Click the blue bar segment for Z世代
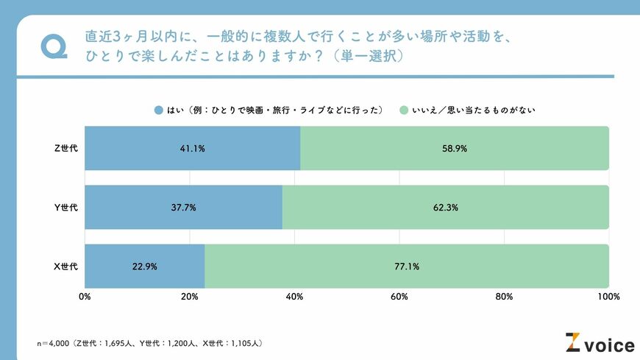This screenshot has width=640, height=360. coord(192,148)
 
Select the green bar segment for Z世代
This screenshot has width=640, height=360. coord(455,148)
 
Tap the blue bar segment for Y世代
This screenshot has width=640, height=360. coord(183,207)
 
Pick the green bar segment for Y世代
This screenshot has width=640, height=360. coord(446,207)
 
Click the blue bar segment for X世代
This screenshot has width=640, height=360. coord(144,266)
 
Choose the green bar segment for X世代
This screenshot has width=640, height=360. coord(407,266)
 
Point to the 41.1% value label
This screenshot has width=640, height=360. coord(193,149)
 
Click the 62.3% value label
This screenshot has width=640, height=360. coord(446,208)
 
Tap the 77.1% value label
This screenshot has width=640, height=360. coord(407,267)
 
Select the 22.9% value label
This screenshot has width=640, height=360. coord(144,267)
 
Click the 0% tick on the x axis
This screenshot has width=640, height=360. coord(85,297)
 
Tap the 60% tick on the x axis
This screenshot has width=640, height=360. coord(399,297)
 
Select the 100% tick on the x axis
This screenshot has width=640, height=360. coord(608,297)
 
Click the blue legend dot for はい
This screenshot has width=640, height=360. coord(158,110)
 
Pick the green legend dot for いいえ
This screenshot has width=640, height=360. coord(403,110)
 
